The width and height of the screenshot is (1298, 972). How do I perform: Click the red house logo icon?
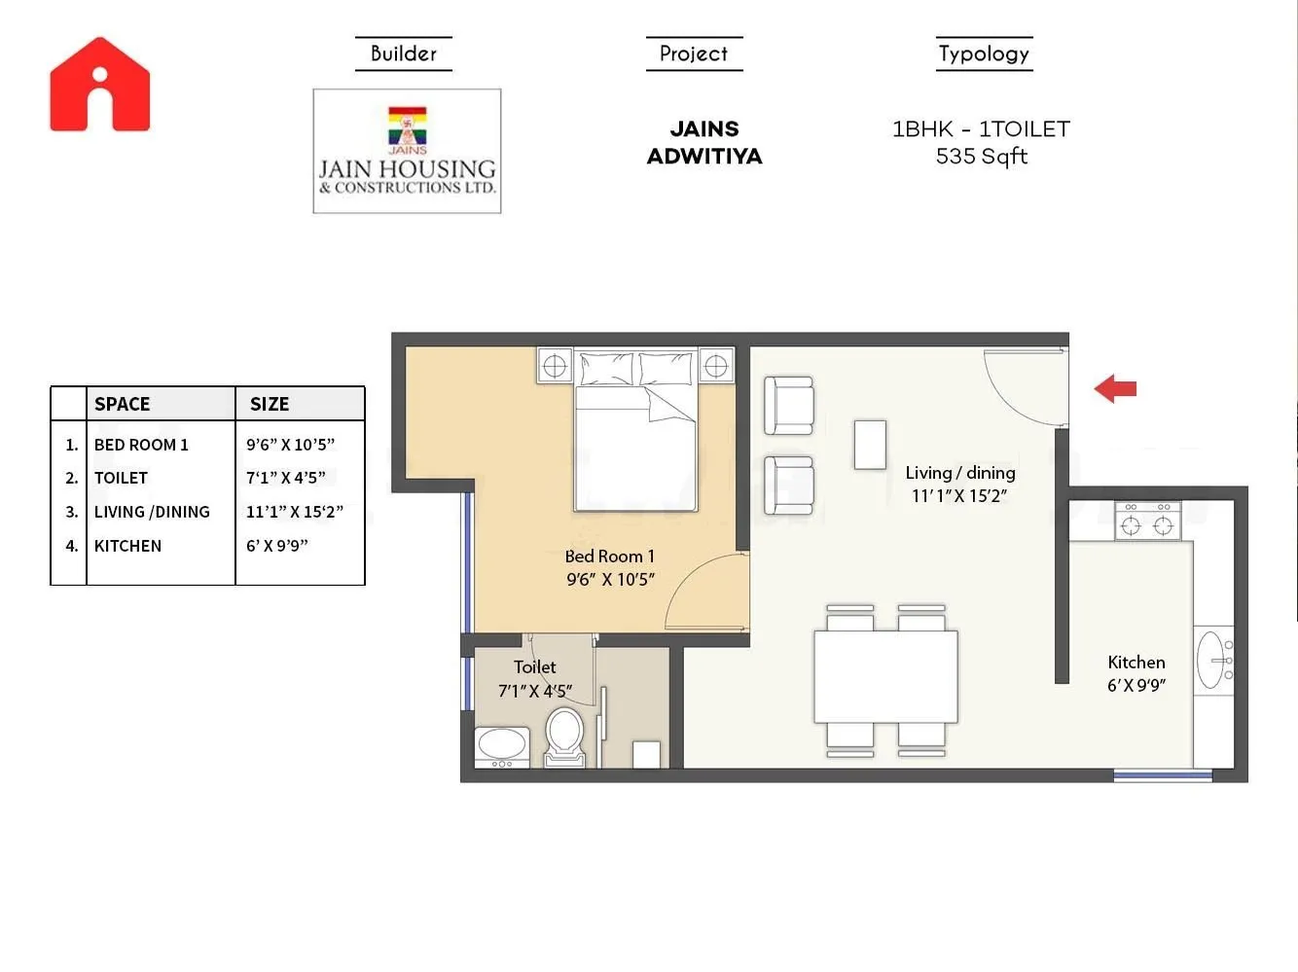click(100, 85)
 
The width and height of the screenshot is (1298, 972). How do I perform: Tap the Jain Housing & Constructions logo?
click(407, 151)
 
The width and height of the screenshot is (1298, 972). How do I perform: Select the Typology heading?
click(984, 54)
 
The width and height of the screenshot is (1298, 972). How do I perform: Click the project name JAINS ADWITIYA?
click(704, 142)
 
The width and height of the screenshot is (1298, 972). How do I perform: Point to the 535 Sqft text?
click(981, 157)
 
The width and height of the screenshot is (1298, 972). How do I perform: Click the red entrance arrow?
click(1115, 388)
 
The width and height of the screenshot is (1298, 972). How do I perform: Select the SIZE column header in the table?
click(270, 404)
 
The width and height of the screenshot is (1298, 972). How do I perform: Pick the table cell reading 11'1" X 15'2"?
click(294, 512)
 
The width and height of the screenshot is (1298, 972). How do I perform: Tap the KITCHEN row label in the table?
click(127, 546)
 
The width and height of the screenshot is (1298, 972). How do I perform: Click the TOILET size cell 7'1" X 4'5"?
click(285, 478)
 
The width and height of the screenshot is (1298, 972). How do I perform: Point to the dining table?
click(885, 676)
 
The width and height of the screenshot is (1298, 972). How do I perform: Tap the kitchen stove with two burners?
click(1147, 522)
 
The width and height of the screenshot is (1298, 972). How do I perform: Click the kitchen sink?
click(1213, 661)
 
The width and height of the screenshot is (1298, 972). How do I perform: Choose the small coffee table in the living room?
click(870, 445)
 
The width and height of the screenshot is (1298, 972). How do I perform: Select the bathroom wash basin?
click(501, 745)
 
